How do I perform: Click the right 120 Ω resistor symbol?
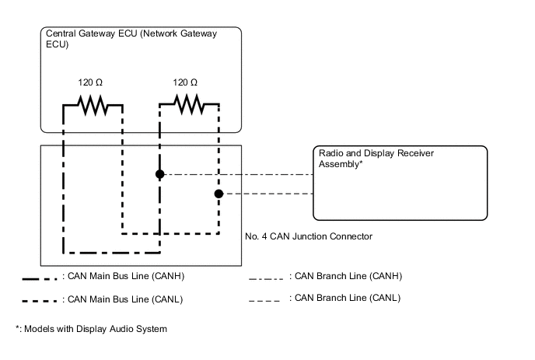189,103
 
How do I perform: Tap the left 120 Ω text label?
92,82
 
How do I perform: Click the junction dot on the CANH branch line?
159,174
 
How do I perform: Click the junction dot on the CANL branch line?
219,193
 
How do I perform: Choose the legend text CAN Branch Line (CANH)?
345,275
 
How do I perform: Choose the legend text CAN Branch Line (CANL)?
345,298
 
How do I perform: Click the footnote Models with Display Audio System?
91,329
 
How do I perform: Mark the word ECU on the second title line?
56,45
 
